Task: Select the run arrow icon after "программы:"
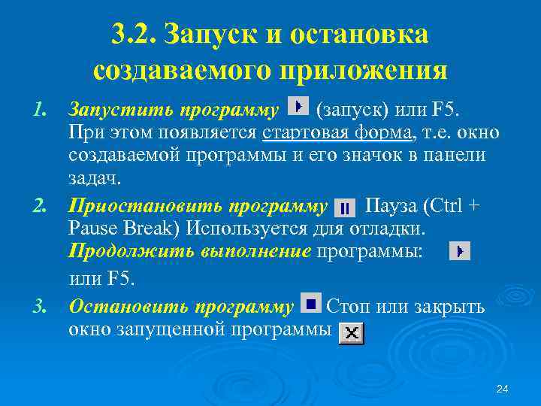tap(460, 251)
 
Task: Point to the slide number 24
tap(503, 389)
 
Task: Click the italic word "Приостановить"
tap(146, 206)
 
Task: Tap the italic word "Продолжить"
tap(131, 250)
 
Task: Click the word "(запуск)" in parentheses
tap(352, 111)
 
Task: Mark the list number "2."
tap(40, 206)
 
